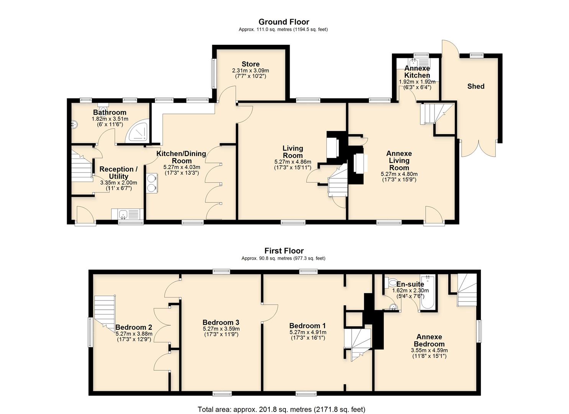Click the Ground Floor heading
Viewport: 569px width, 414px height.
coord(284,22)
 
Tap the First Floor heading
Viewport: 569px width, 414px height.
coord(284,251)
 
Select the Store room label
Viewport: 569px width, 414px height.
coord(251,64)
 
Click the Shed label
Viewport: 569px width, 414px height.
coord(476,87)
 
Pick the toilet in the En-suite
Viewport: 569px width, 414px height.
coord(392,283)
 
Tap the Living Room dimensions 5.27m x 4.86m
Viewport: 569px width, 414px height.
coord(293,162)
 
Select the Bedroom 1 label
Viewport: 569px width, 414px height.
coord(308,326)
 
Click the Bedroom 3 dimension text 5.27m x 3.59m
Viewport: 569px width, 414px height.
coord(221,329)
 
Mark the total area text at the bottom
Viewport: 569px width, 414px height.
coord(281,409)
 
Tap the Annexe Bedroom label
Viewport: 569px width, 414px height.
coord(429,340)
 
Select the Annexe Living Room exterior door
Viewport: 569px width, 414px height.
coord(434,215)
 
